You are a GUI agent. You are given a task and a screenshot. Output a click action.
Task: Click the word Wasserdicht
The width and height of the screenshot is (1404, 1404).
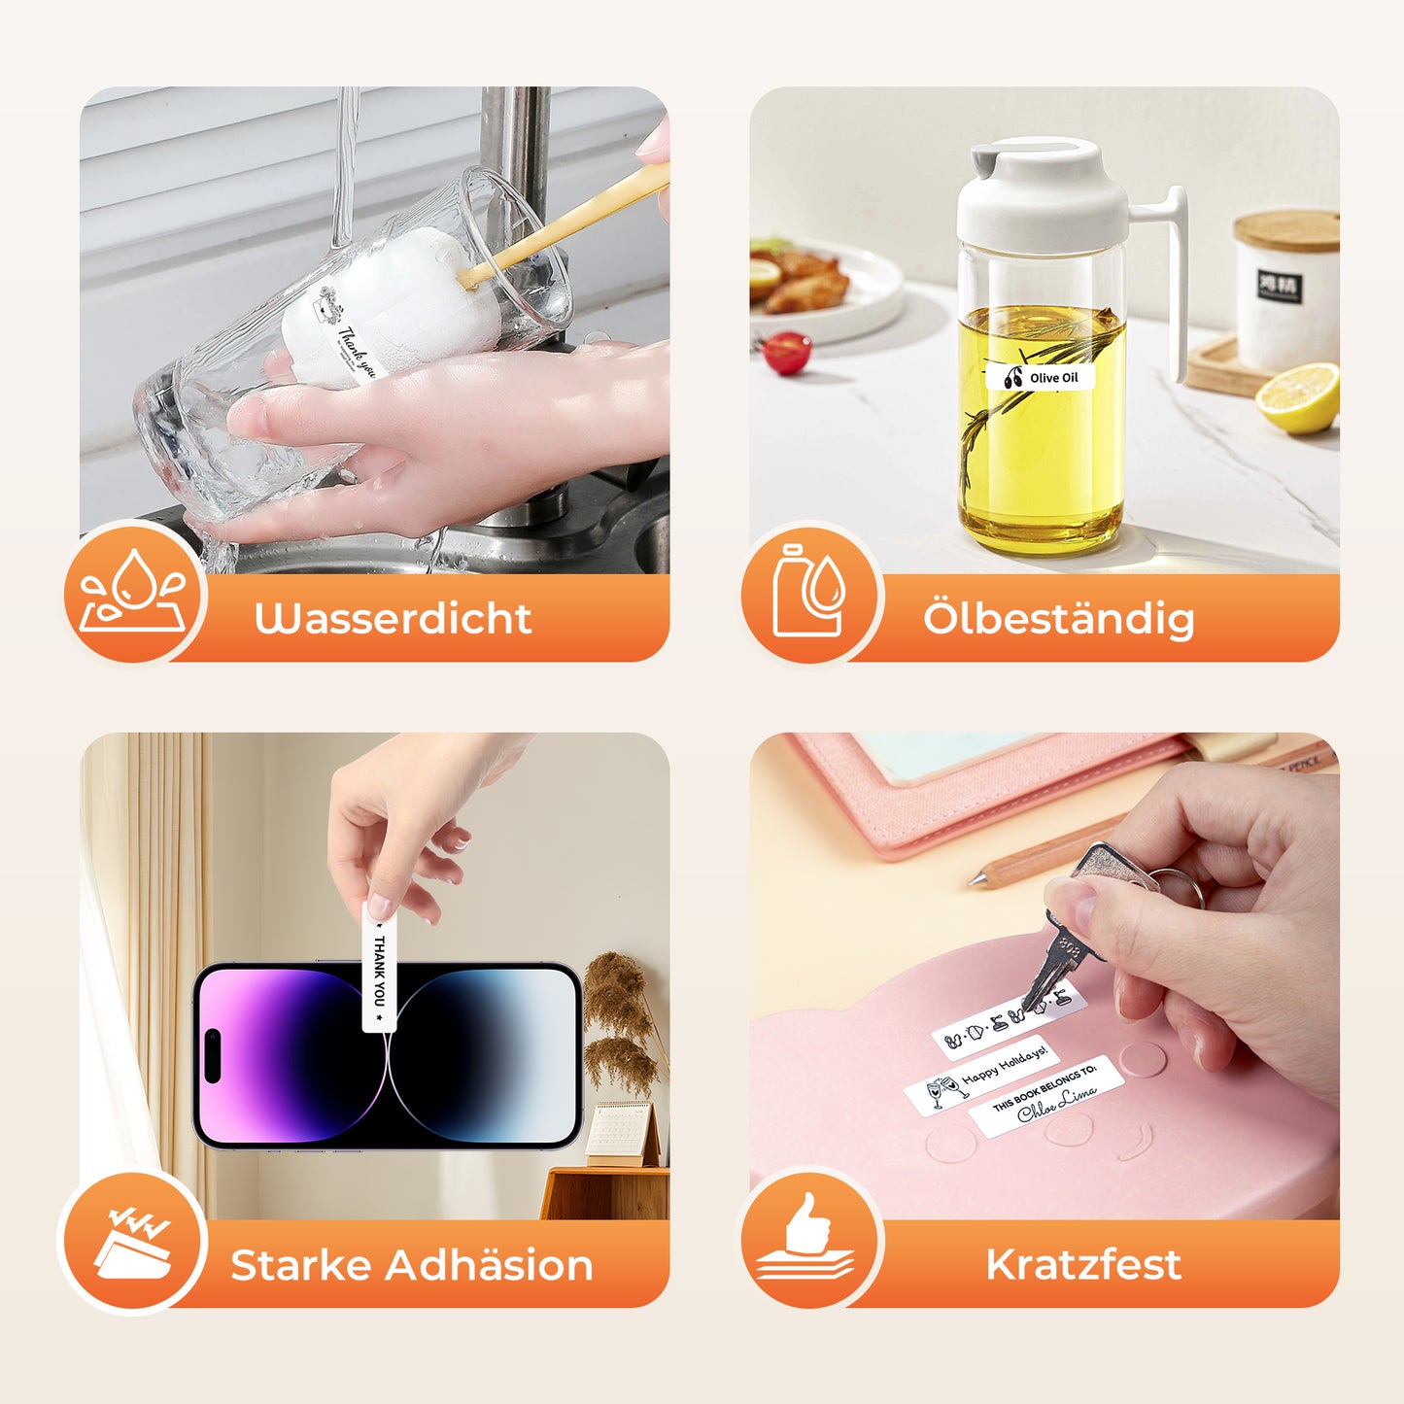(393, 619)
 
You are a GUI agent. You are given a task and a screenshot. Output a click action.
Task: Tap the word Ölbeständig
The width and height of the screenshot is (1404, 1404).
(1058, 619)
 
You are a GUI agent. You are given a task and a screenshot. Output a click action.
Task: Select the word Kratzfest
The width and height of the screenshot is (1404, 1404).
(1083, 1265)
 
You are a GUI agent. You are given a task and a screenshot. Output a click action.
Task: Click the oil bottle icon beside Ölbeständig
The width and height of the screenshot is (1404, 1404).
(808, 592)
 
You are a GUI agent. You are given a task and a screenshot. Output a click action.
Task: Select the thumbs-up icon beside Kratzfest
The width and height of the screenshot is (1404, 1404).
(806, 1238)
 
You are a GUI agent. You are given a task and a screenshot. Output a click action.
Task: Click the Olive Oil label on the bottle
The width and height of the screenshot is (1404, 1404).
(1042, 378)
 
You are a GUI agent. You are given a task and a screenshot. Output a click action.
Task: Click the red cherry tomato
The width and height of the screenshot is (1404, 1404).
(787, 353)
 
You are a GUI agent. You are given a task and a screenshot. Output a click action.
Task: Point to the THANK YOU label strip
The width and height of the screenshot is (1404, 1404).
(379, 967)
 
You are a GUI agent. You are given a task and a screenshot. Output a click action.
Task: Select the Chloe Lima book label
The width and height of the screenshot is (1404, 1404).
(1046, 1096)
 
